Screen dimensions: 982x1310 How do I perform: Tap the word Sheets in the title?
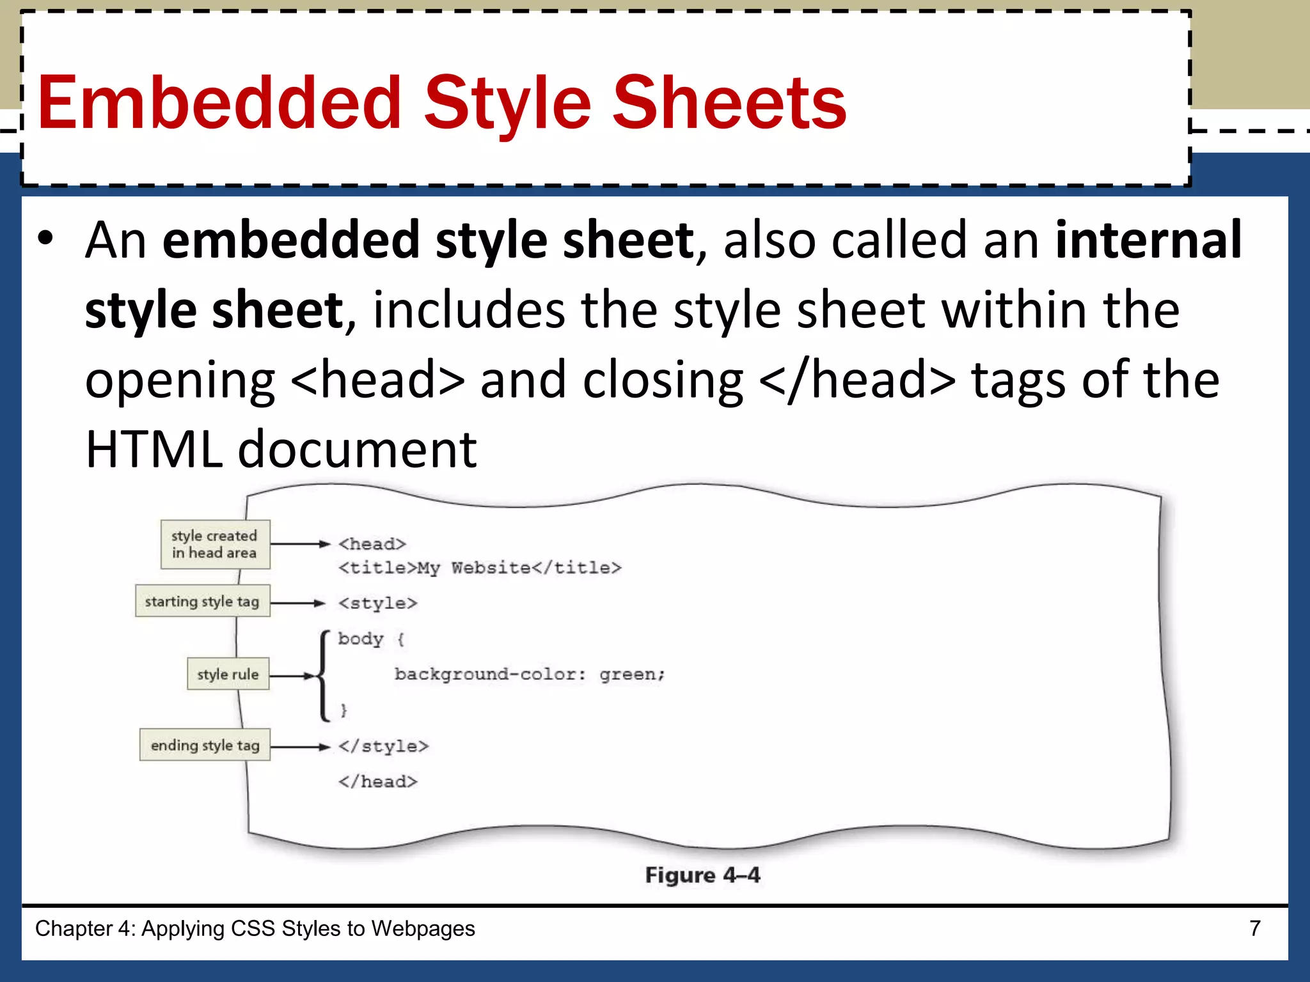coord(729,102)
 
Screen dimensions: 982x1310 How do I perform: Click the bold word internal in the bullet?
coord(1148,240)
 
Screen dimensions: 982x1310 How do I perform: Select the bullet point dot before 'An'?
coord(45,238)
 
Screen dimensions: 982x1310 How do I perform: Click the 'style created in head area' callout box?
coord(215,544)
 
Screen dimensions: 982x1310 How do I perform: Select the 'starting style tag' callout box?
coord(202,601)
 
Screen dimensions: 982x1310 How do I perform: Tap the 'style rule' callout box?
coord(228,674)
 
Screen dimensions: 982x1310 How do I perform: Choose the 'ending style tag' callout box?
coord(205,745)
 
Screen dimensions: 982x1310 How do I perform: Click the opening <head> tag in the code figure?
coord(372,544)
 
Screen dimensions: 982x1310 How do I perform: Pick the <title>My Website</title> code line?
coord(480,568)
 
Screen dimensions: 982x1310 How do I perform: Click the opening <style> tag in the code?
coord(377,603)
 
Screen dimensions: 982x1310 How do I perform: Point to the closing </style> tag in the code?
coord(383,746)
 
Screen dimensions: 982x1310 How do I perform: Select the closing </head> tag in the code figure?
coord(377,781)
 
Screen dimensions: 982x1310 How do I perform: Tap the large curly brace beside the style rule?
coord(324,675)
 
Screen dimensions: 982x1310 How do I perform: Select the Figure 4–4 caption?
coord(702,875)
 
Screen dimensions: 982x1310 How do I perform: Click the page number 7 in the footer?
coord(1255,928)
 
